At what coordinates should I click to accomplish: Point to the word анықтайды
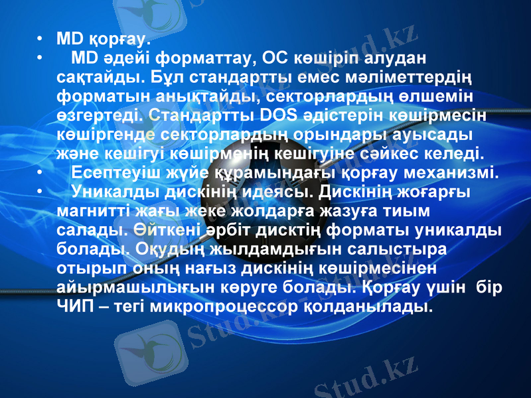pos(197,96)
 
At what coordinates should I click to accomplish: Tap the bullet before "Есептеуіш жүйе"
pos(42,172)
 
